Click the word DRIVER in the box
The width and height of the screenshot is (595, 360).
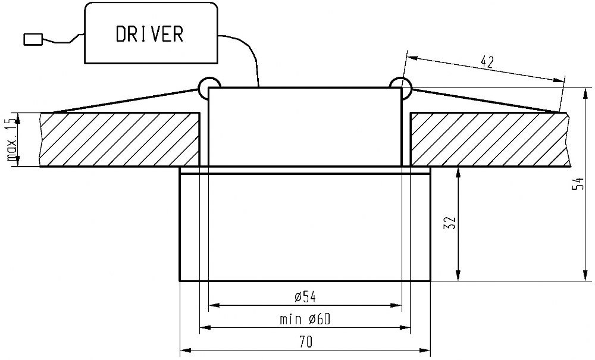point(149,34)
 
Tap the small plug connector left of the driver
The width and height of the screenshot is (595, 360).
point(33,39)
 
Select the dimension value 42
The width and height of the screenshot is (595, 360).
point(487,61)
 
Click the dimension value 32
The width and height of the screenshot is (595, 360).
point(452,223)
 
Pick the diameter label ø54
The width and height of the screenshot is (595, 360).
point(305,297)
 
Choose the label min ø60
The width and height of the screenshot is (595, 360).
point(305,320)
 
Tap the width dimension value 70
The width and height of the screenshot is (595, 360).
point(305,342)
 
